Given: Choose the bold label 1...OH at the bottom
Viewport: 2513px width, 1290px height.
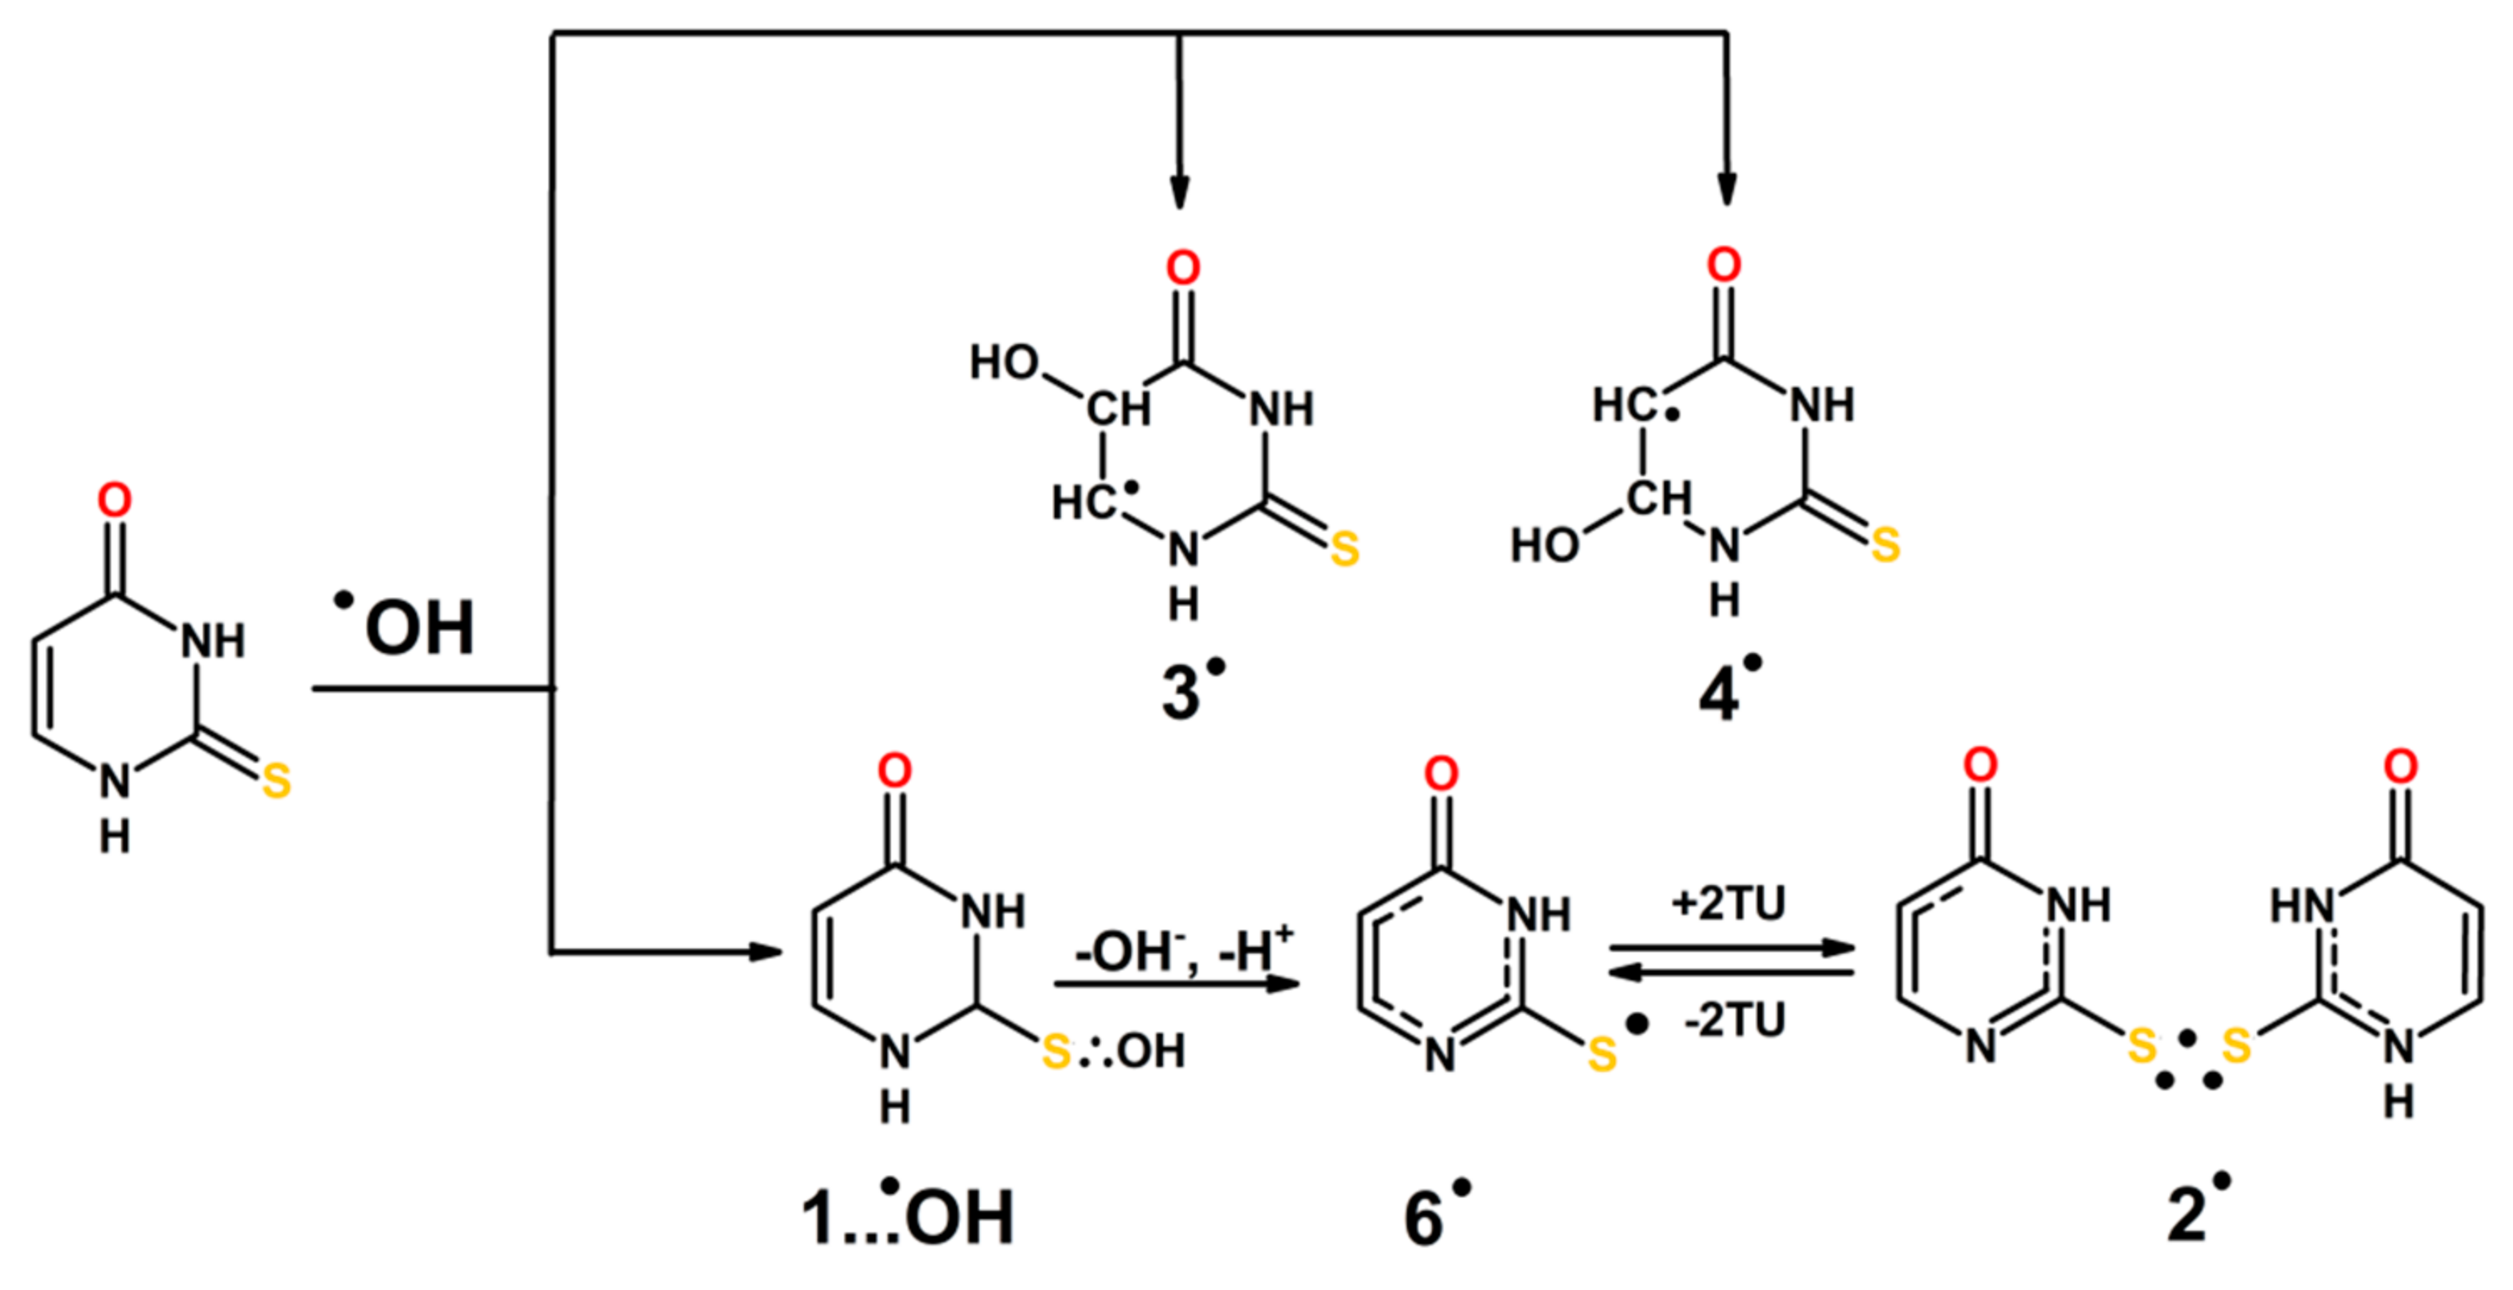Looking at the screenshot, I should [908, 1216].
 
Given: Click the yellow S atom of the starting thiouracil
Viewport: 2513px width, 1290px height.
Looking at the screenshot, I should [276, 781].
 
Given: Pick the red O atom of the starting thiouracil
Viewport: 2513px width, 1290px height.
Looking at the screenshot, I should [114, 501].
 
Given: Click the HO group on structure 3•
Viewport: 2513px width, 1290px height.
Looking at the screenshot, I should [1003, 363].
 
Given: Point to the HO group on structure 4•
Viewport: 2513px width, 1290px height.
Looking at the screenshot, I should [1545, 545].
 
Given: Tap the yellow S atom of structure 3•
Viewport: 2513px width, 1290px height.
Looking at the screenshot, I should [1345, 549].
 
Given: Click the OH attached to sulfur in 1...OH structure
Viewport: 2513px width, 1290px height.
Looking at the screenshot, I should [1151, 1052].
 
